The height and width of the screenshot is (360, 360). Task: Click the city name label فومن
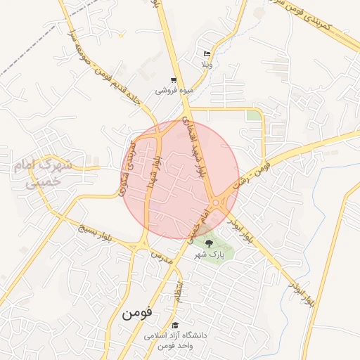[136, 313]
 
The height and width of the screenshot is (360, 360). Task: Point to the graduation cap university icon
[174, 326]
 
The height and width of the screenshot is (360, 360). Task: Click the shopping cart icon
[174, 80]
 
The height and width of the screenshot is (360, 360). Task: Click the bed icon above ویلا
[206, 54]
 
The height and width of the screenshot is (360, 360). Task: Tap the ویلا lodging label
[206, 64]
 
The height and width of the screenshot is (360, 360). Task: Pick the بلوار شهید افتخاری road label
[195, 144]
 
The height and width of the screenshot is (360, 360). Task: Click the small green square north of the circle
[252, 115]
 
